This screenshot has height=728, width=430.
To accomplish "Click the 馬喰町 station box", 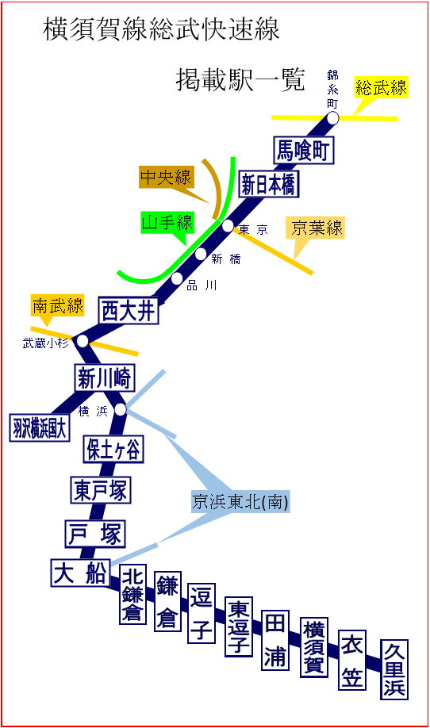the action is pyautogui.click(x=303, y=150).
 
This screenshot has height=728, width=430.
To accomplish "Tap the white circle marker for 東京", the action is pyautogui.click(x=228, y=226).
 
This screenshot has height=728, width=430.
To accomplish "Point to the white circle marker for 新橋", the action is pyautogui.click(x=201, y=254).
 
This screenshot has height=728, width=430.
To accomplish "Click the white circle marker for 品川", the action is pyautogui.click(x=177, y=278).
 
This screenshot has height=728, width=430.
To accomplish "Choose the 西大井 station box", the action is pyautogui.click(x=129, y=311).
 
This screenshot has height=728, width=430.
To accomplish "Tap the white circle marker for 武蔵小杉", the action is pyautogui.click(x=83, y=341).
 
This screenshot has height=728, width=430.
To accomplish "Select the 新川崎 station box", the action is pyautogui.click(x=105, y=378).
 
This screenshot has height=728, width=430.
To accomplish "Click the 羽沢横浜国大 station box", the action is pyautogui.click(x=40, y=427).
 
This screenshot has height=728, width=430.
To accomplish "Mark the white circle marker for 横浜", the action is pyautogui.click(x=121, y=409).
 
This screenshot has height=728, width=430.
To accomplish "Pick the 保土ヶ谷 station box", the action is pyautogui.click(x=113, y=449).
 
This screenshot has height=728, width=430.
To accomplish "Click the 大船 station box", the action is pyautogui.click(x=80, y=573).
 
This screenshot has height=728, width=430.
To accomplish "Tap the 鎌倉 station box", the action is pyautogui.click(x=167, y=602).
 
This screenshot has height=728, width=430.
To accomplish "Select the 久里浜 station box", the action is pyautogui.click(x=394, y=669).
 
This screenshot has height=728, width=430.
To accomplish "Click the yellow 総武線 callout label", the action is pyautogui.click(x=382, y=87).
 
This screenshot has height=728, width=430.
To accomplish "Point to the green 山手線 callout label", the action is pyautogui.click(x=167, y=222).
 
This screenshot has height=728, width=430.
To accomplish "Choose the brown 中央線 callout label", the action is pyautogui.click(x=166, y=178).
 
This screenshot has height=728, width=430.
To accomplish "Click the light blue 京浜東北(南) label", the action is pyautogui.click(x=240, y=501).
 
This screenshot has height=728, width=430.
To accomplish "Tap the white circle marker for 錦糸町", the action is pyautogui.click(x=332, y=118).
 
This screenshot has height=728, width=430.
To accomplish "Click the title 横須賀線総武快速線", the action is pyautogui.click(x=161, y=29).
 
